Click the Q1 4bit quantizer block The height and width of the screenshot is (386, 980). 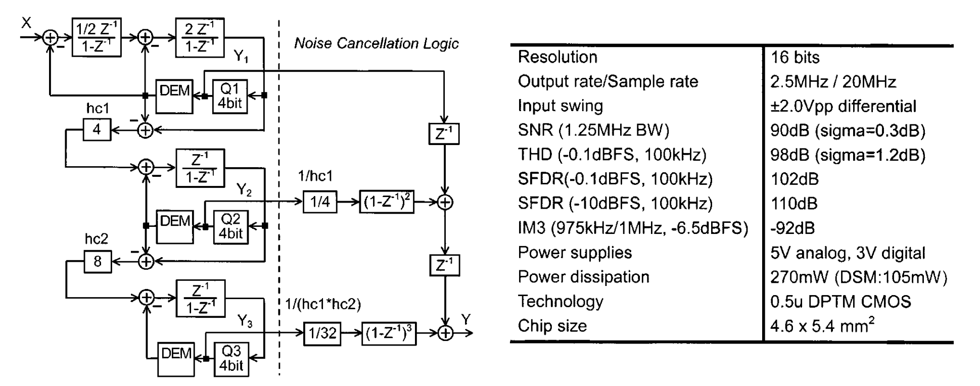[x=230, y=96]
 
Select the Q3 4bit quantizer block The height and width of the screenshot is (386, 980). [x=231, y=358]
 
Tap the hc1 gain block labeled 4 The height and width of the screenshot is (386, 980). [x=97, y=130]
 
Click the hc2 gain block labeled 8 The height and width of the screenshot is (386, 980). [x=97, y=261]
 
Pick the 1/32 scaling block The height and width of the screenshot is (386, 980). [x=322, y=333]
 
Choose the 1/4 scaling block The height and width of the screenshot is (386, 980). [x=320, y=202]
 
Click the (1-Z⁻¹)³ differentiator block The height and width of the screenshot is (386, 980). [x=389, y=333]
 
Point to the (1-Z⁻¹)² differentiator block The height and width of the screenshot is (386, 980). [x=387, y=202]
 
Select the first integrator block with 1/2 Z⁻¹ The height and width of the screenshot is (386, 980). [x=97, y=37]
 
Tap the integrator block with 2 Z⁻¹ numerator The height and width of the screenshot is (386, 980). [x=200, y=37]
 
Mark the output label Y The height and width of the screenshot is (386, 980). [x=466, y=319]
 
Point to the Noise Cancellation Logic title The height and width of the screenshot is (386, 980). [x=377, y=43]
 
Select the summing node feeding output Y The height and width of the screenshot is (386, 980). [x=445, y=333]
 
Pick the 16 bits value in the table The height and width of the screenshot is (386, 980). [x=795, y=57]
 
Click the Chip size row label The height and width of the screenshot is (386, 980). [x=552, y=326]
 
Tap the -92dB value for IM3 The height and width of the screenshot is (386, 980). [x=792, y=228]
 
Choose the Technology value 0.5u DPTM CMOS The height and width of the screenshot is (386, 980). [x=841, y=302]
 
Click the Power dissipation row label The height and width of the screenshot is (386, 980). [x=583, y=277]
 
